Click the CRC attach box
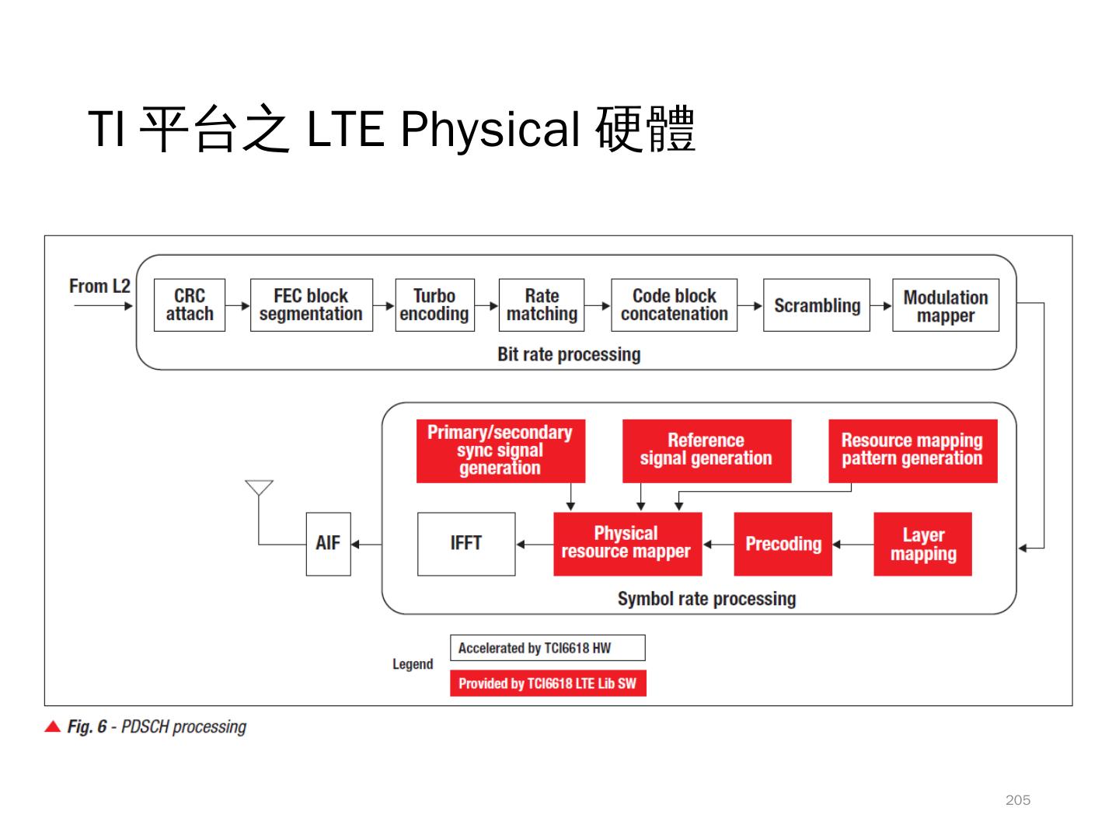click(x=190, y=305)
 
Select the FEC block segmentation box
click(x=311, y=305)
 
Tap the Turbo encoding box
click(x=434, y=305)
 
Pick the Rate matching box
click(x=542, y=305)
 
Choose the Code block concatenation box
click(x=674, y=305)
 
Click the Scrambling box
click(x=817, y=305)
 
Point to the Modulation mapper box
click(x=945, y=305)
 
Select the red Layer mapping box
click(x=922, y=544)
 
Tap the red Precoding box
click(x=783, y=544)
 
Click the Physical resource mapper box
click(x=627, y=544)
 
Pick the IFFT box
click(x=466, y=544)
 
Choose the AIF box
click(x=328, y=544)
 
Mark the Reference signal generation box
click(x=706, y=451)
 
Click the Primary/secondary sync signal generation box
click(x=500, y=451)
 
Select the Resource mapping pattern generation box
click(x=912, y=451)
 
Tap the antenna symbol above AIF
click(x=259, y=489)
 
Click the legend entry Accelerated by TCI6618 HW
click(x=547, y=648)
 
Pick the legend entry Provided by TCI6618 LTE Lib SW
click(x=547, y=684)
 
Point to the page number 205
click(x=1017, y=800)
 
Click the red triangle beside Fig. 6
click(x=53, y=727)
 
